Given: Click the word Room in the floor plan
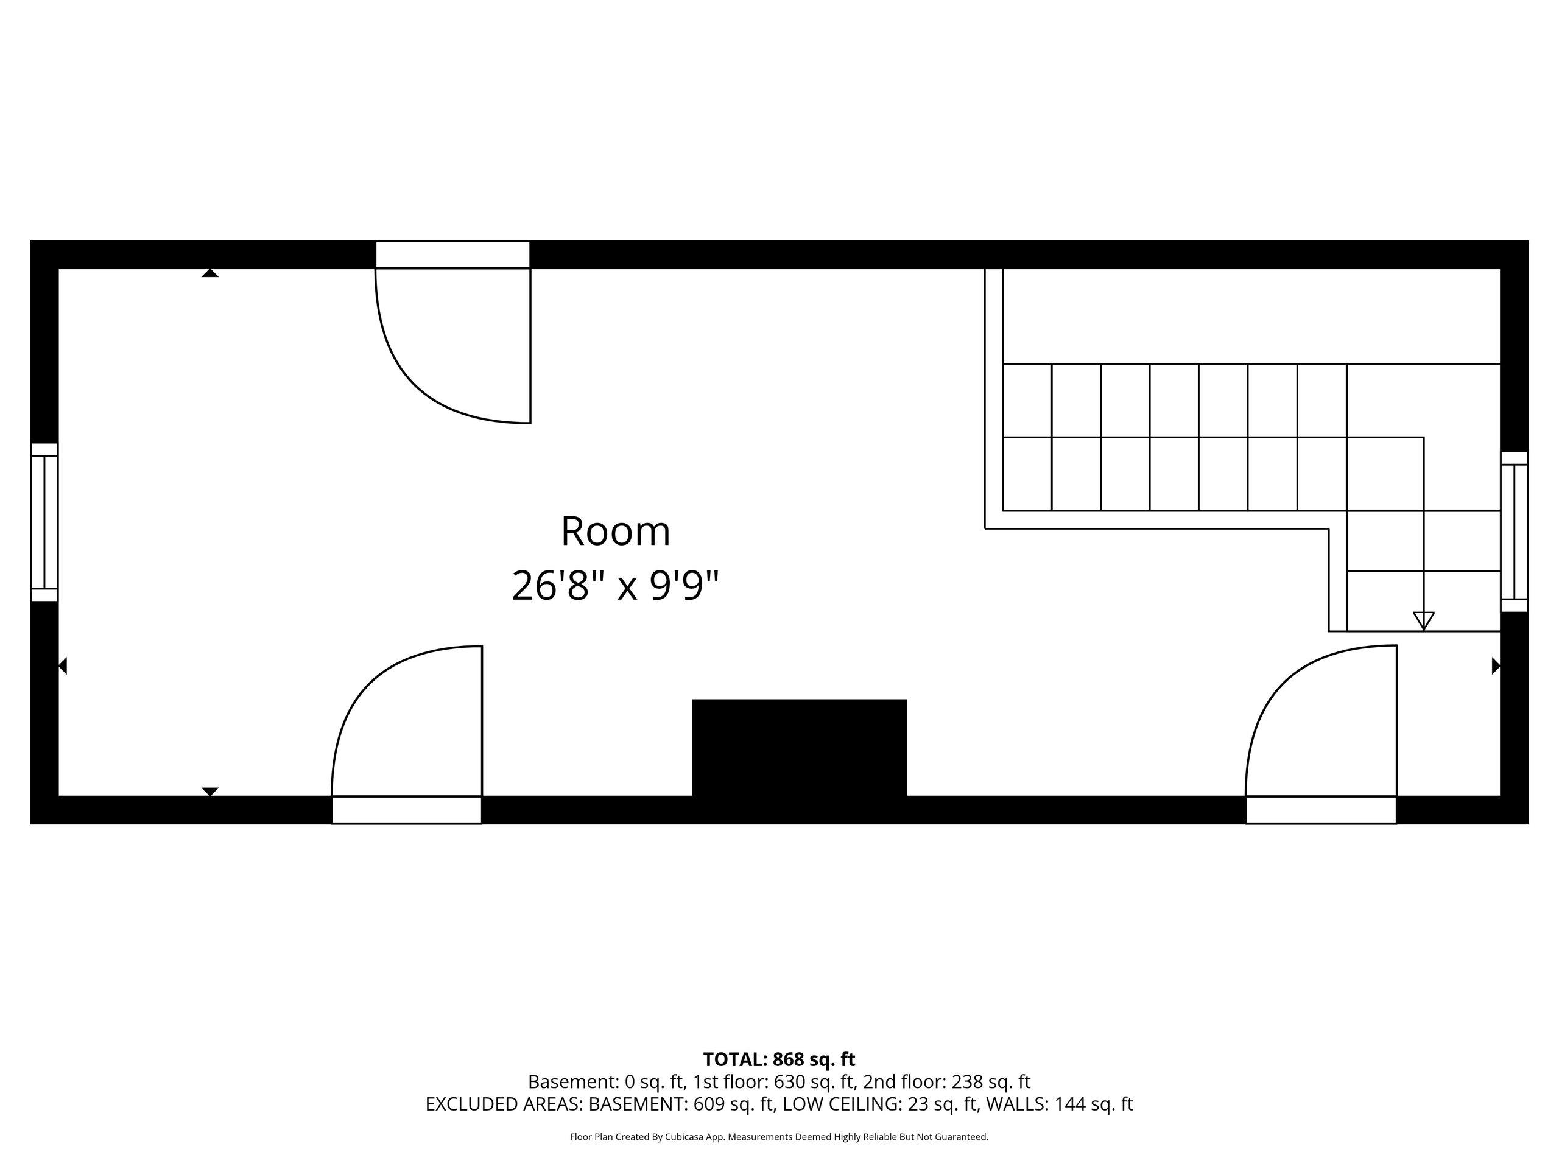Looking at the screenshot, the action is click(x=615, y=532).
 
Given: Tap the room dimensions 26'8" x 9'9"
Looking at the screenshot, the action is click(x=615, y=586).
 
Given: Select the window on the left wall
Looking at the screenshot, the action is click(x=44, y=522).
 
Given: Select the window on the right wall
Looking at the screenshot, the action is click(x=1514, y=532).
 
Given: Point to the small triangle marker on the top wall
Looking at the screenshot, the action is click(x=210, y=273).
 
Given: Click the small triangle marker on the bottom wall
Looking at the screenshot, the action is click(x=210, y=792).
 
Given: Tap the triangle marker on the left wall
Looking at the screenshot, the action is click(x=63, y=666).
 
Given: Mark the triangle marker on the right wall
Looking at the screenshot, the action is click(x=1496, y=666).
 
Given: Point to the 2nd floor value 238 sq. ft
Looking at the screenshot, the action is click(x=991, y=1081).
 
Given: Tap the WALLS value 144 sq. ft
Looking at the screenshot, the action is click(x=1093, y=1104).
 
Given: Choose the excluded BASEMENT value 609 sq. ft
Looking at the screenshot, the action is click(x=733, y=1104).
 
